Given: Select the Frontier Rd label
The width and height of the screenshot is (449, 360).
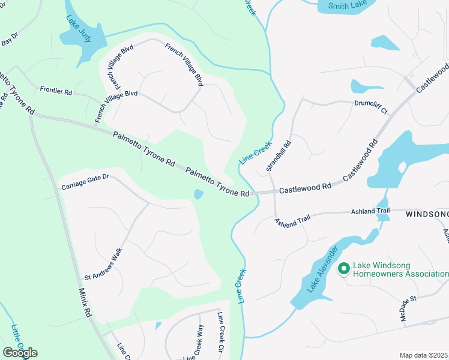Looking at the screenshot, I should coord(56,91).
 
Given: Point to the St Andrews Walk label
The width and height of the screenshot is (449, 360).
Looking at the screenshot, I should coord(103,265).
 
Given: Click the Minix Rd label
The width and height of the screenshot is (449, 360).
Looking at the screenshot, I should coord(85,302).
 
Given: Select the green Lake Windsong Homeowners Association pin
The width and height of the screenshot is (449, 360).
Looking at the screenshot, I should coord(344,268).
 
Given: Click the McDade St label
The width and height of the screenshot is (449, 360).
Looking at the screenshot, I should coord(411,307).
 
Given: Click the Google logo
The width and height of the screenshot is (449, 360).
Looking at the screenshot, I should coord(20,352).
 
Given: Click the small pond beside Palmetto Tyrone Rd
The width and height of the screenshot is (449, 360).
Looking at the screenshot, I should coord(199,194).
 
